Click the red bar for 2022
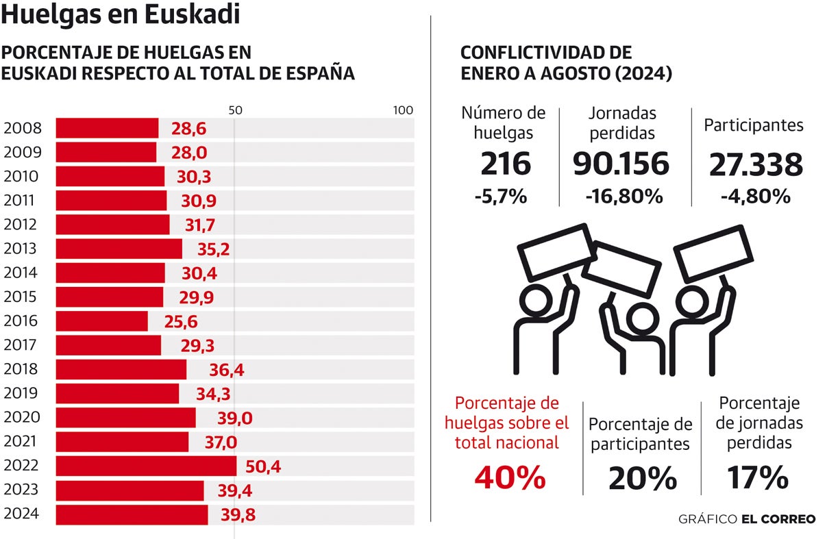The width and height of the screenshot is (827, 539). (146, 466)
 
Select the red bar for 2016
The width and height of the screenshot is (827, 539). (101, 321)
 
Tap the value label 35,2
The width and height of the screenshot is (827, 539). (208, 249)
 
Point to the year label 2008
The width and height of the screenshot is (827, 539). (23, 128)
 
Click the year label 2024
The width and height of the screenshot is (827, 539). (23, 514)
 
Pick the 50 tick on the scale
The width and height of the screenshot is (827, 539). (235, 110)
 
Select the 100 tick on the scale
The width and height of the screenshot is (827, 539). (403, 110)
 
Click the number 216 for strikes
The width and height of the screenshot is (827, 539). (506, 164)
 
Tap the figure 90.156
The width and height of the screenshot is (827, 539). (621, 164)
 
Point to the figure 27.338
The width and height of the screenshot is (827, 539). (756, 164)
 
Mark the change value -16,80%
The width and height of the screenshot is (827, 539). (624, 196)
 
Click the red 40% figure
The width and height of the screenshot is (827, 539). (510, 477)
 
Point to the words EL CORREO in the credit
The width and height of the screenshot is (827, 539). (778, 519)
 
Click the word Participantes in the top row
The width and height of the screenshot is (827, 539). (754, 125)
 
